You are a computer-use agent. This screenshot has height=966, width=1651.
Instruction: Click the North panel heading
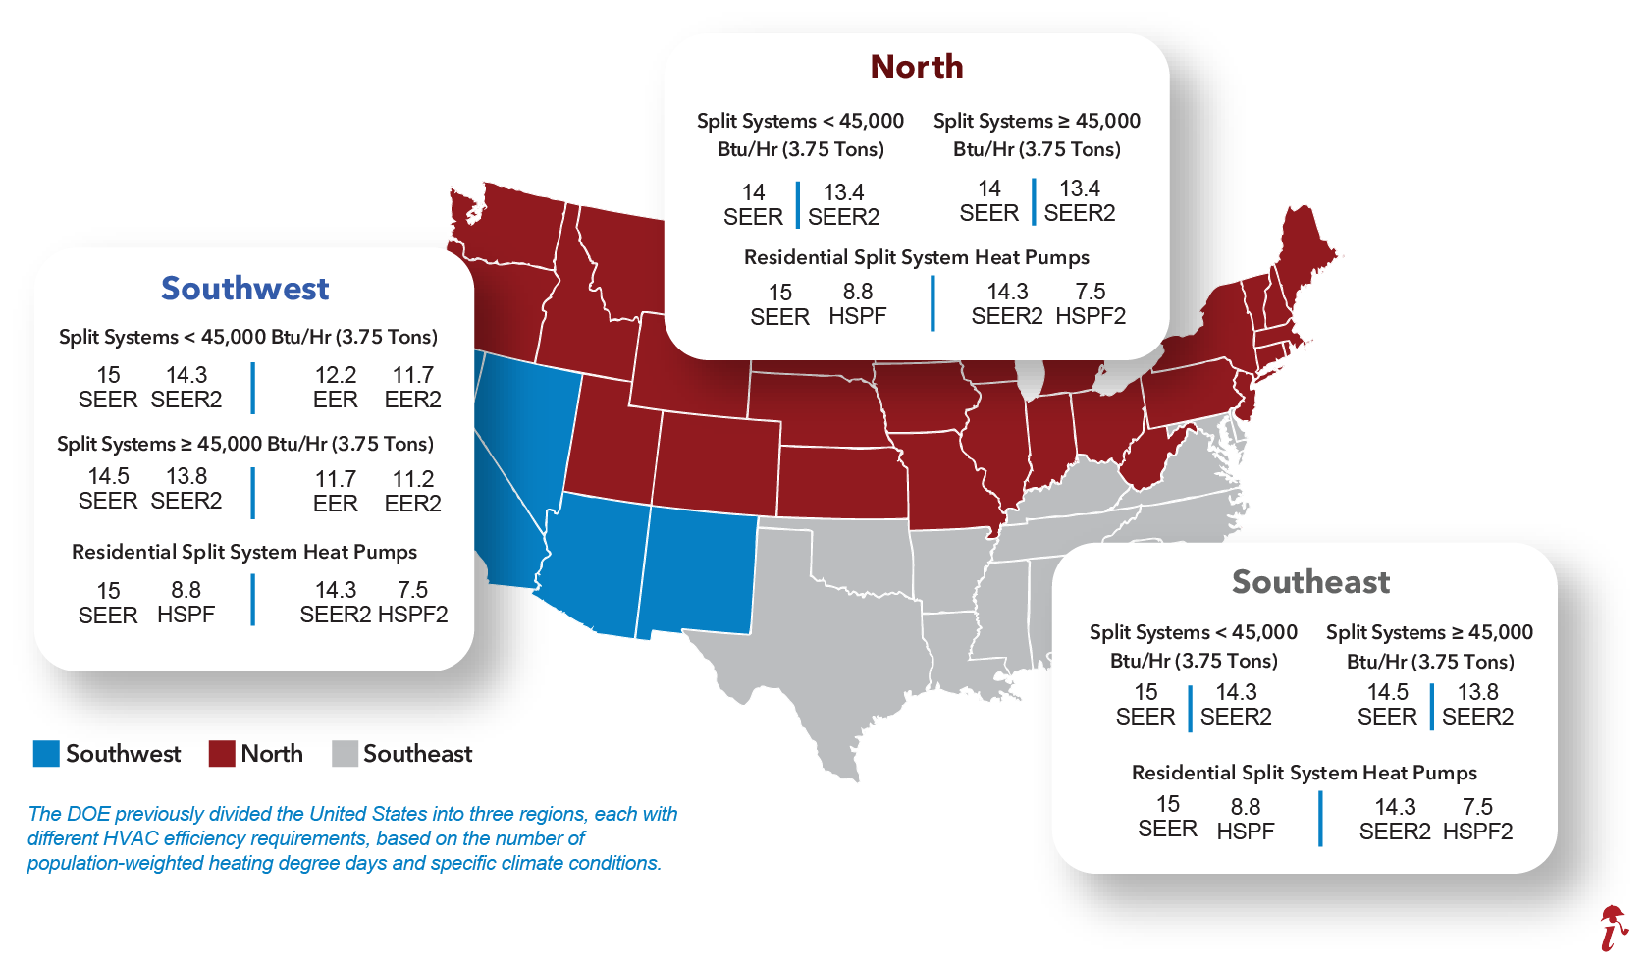(x=917, y=67)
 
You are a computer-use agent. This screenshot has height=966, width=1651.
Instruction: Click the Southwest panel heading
(x=244, y=289)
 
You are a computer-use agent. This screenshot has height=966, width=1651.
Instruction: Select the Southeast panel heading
(x=1310, y=582)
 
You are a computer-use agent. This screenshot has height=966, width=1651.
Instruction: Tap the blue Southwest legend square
(x=46, y=754)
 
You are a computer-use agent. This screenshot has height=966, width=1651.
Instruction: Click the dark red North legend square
(x=222, y=754)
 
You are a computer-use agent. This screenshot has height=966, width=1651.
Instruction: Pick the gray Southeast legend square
(x=345, y=754)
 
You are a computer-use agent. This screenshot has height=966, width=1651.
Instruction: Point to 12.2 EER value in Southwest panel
(x=335, y=387)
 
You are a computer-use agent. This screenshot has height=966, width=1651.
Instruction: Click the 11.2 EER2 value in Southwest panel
(x=412, y=491)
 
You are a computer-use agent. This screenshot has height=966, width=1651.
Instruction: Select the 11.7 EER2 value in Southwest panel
(x=412, y=387)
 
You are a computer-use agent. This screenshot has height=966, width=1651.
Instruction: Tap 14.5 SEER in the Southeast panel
(x=1387, y=704)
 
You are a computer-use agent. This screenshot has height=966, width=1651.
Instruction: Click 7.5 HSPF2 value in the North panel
(x=1091, y=304)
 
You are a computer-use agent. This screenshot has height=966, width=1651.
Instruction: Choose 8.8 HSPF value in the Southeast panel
(x=1245, y=819)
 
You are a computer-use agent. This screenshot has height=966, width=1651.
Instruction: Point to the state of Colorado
(x=717, y=461)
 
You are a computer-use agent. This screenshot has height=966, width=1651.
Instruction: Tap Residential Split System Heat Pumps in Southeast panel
(x=1304, y=773)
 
